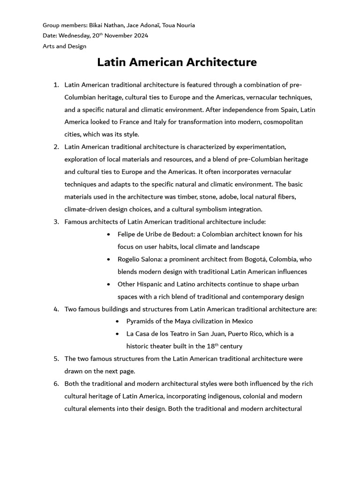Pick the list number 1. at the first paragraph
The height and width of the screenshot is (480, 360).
click(x=56, y=85)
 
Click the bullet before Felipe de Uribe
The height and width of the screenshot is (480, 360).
click(x=109, y=234)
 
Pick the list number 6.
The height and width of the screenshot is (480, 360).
click(x=56, y=383)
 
